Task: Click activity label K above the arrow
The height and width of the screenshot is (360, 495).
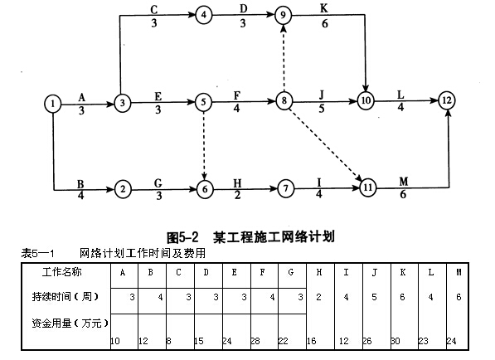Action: (324, 8)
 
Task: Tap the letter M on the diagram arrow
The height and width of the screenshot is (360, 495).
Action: (404, 182)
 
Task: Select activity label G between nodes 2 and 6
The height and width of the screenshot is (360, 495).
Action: (158, 182)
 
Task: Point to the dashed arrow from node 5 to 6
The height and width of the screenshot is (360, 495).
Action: (204, 145)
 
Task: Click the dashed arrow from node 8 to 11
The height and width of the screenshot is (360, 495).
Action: (326, 144)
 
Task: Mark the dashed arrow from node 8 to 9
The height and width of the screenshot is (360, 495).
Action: (284, 58)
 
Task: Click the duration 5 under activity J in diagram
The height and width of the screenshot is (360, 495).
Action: (322, 109)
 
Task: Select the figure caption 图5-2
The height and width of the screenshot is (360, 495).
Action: (182, 237)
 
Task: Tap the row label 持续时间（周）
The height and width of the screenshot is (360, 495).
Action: (65, 296)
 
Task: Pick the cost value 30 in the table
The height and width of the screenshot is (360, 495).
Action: (396, 341)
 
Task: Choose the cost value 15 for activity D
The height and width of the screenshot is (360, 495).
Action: (199, 341)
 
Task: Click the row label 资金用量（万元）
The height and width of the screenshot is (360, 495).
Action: (70, 323)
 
